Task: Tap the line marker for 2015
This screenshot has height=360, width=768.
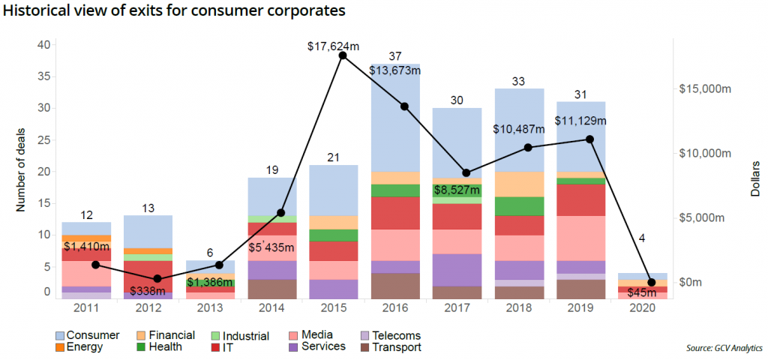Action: click(x=343, y=55)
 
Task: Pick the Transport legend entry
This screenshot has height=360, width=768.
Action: click(x=395, y=346)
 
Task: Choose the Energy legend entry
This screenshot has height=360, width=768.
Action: click(x=82, y=346)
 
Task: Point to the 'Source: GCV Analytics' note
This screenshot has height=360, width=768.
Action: click(x=724, y=348)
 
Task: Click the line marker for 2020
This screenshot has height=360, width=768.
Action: click(x=651, y=282)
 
